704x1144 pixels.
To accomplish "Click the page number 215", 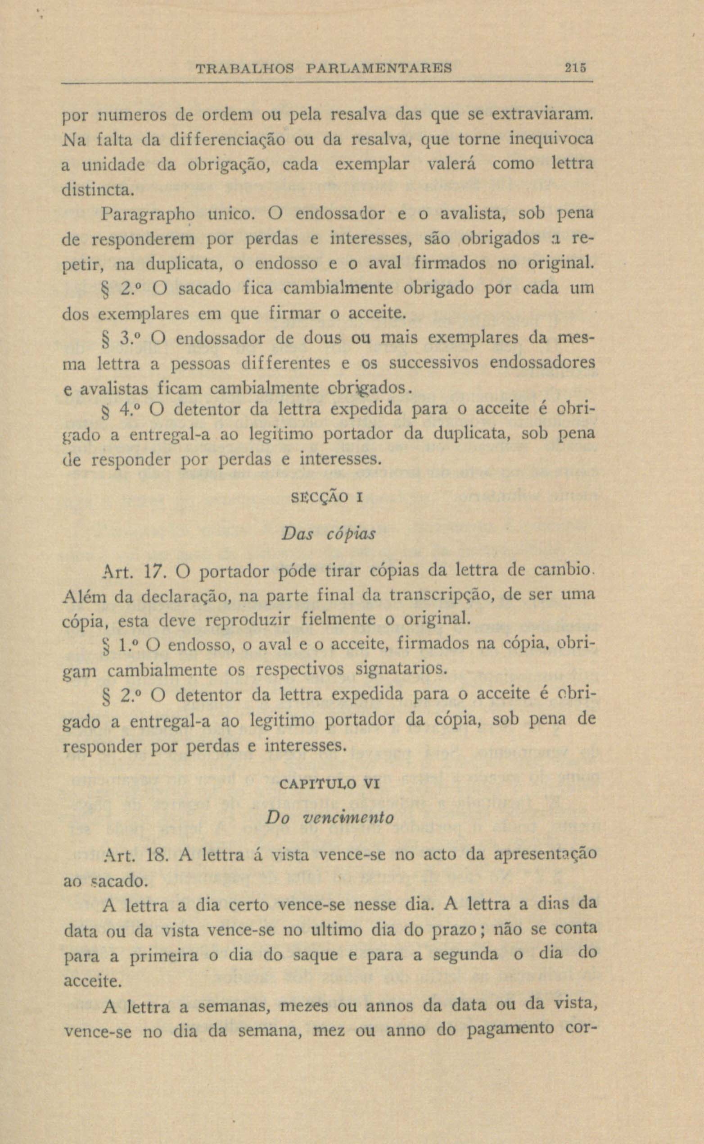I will (x=575, y=68).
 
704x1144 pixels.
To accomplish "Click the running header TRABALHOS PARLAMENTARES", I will (x=324, y=68).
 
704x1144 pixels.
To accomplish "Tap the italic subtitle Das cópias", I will (x=328, y=534).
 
